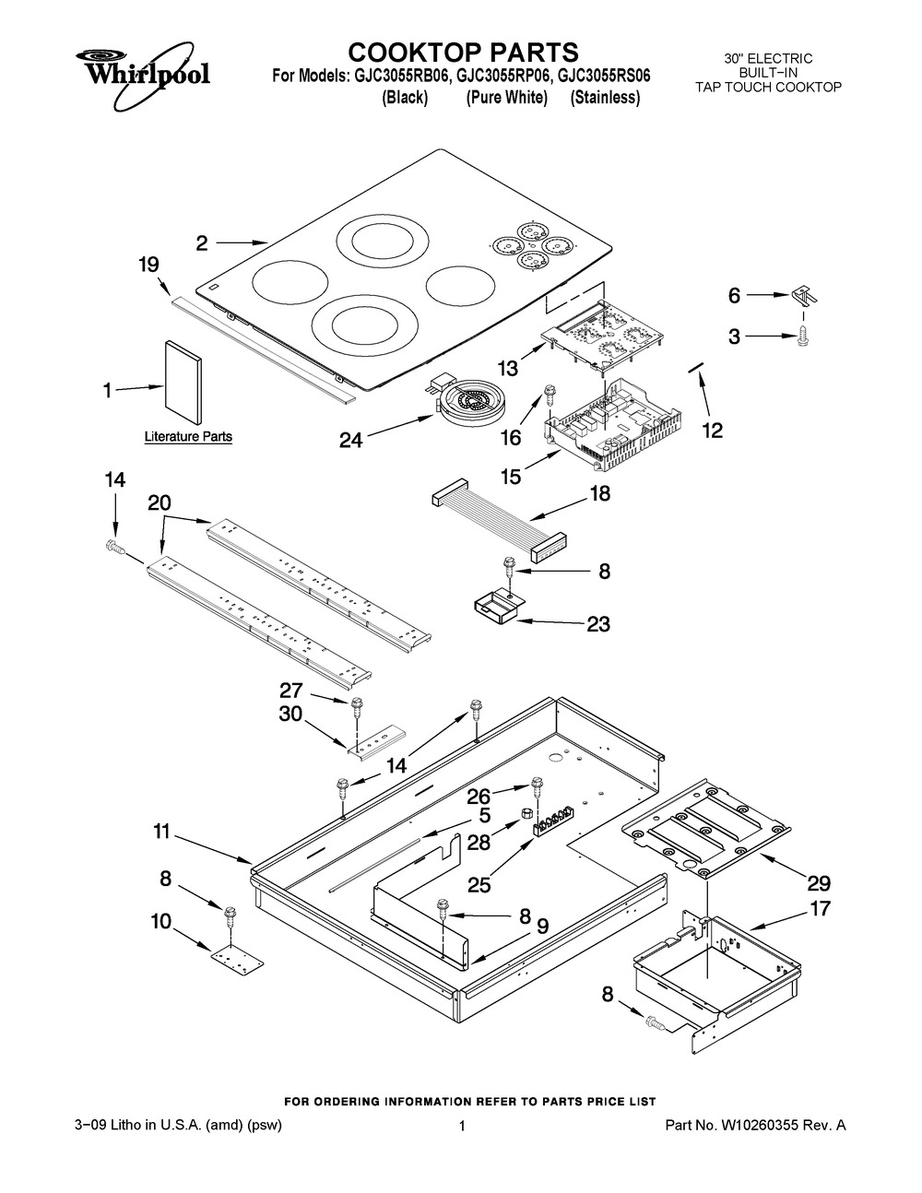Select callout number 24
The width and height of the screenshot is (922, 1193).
tap(350, 441)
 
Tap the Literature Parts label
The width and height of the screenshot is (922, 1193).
tap(188, 436)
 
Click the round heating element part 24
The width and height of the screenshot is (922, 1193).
tap(465, 403)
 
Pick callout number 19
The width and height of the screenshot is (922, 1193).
tap(148, 265)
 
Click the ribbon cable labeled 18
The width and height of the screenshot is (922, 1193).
tap(498, 523)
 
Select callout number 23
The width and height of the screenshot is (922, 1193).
tap(598, 624)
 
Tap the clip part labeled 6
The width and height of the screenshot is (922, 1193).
tap(805, 297)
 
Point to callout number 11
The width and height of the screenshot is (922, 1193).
tap(161, 833)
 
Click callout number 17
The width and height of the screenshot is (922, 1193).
tap(820, 909)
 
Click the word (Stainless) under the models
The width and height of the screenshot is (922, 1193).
tap(605, 98)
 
